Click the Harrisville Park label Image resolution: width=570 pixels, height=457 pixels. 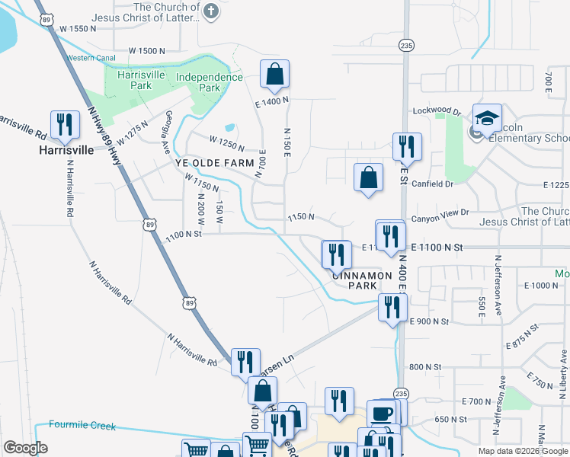135,80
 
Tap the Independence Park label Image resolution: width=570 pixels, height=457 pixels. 210,82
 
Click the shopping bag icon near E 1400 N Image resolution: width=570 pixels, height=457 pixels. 274,75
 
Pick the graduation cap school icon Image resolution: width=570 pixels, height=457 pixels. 487,118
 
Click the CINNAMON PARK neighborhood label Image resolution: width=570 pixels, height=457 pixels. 361,280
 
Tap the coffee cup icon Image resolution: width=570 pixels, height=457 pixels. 382,413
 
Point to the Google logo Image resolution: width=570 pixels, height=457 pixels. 25,448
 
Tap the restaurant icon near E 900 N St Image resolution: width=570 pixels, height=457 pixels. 392,307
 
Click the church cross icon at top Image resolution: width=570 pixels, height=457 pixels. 212,11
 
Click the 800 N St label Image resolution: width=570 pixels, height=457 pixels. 424,366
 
